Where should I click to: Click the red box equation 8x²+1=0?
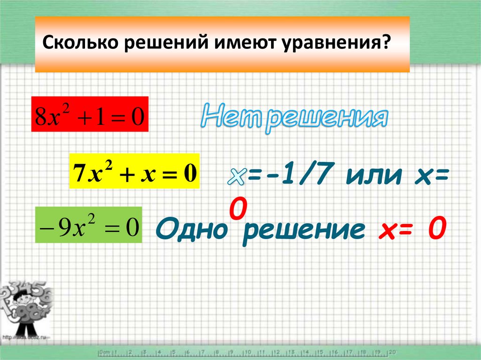pos(90,115)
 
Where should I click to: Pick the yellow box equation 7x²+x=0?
pos(134,171)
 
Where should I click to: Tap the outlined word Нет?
pos(230,118)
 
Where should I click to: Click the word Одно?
pos(191,230)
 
